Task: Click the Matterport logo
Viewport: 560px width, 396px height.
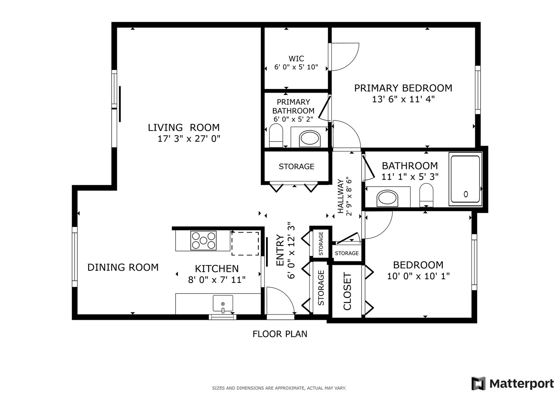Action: [x=512, y=383]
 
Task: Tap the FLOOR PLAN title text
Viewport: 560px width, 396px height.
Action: [x=280, y=334]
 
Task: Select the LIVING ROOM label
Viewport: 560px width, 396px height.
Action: [x=184, y=127]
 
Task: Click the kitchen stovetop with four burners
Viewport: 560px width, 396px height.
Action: [x=203, y=241]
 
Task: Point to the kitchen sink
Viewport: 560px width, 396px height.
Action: [x=223, y=304]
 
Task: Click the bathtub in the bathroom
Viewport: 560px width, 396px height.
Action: [x=465, y=179]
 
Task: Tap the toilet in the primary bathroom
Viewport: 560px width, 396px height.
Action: [x=276, y=136]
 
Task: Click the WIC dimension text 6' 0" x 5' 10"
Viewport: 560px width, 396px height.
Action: [x=296, y=67]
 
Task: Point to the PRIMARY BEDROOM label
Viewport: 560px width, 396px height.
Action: [x=403, y=88]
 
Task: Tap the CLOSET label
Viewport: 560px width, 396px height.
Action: [x=347, y=291]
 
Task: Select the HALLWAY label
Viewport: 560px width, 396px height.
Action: [x=341, y=196]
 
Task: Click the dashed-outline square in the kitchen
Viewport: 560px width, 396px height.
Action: [x=245, y=243]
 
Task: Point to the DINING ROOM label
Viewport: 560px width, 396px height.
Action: [x=123, y=268]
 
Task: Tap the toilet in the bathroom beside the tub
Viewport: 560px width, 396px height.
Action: [x=426, y=195]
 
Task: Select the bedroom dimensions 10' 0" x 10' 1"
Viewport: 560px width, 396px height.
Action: [x=418, y=276]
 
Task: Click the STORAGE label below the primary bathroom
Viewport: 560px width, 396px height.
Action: [x=296, y=166]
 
